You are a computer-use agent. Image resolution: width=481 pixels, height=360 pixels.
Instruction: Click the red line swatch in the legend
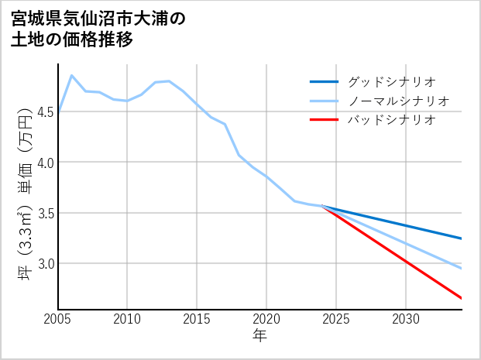(x=324, y=120)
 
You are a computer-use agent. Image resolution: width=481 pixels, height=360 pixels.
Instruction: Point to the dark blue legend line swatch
(x=324, y=81)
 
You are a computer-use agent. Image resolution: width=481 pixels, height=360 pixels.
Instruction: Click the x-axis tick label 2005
(x=58, y=320)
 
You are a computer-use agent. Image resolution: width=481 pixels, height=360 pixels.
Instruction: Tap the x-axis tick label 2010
(x=128, y=320)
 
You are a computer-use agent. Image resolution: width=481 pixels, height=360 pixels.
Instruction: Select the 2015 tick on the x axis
(x=198, y=320)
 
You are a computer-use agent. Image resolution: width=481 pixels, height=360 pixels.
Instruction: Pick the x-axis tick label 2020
(x=266, y=320)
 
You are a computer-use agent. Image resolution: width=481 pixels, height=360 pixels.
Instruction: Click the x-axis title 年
(x=260, y=336)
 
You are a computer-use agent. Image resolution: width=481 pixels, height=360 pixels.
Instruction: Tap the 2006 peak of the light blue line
(x=72, y=76)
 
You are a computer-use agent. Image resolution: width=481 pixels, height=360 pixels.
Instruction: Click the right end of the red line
(x=461, y=298)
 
